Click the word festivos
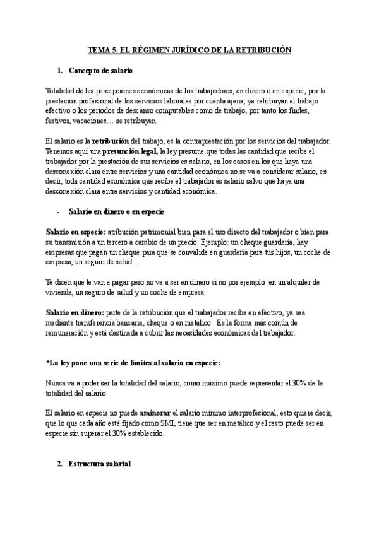59,121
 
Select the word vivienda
63,292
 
